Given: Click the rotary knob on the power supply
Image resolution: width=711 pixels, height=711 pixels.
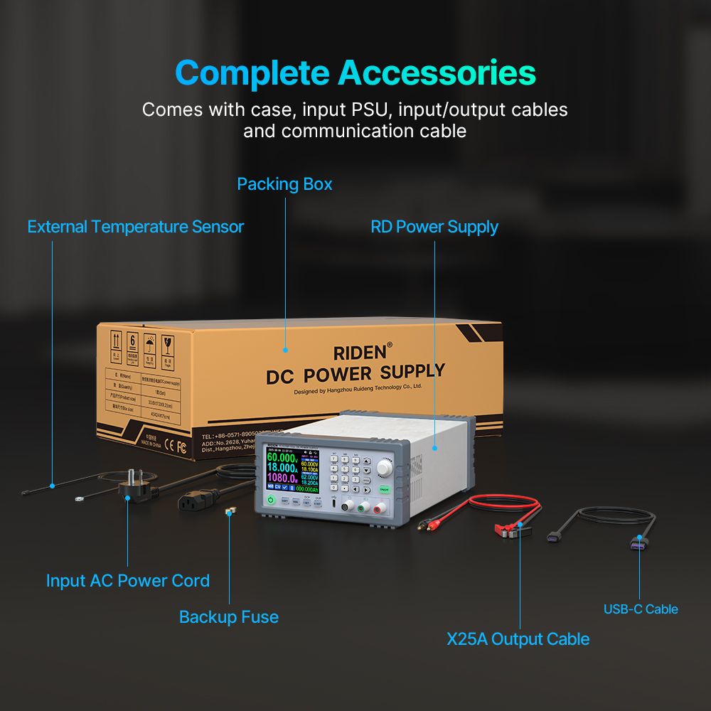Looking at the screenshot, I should (385, 467).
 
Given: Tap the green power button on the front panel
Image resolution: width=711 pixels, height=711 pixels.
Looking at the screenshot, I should (271, 501).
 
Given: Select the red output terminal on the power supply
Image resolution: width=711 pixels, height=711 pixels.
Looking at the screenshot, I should (381, 507).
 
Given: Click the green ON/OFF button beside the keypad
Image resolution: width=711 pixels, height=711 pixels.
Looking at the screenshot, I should (384, 490).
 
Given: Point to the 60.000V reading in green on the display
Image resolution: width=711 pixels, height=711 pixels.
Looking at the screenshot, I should (282, 456).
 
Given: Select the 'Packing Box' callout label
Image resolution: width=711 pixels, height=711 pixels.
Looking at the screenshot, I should (284, 184).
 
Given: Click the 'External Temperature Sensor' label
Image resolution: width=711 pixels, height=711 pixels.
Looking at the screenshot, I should (136, 227).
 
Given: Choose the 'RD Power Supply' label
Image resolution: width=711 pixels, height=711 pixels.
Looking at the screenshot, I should (434, 227).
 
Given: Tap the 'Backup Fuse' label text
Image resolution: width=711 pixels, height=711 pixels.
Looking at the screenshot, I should (228, 616).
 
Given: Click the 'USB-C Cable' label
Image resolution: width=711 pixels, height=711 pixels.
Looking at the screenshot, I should (641, 609).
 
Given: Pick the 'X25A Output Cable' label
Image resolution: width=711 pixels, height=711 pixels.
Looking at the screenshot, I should (518, 638).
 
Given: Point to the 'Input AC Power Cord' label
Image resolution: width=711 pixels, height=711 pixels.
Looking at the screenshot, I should (128, 580).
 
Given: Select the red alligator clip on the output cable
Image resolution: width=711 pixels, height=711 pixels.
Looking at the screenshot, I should (508, 529).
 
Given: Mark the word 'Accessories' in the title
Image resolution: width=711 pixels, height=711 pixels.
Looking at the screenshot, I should (437, 73).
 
